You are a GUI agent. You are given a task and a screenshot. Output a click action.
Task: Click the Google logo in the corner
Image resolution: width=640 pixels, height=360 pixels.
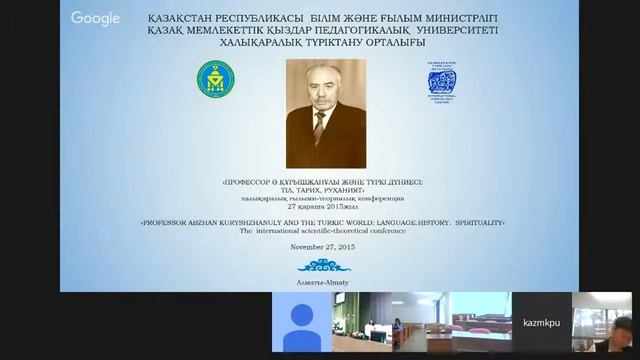pyautogui.click(x=96, y=18)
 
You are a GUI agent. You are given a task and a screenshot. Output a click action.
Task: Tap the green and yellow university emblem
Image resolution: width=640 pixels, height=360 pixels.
pyautogui.click(x=214, y=79)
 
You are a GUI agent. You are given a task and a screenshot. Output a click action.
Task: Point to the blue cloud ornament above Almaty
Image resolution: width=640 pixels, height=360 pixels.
pyautogui.click(x=320, y=266)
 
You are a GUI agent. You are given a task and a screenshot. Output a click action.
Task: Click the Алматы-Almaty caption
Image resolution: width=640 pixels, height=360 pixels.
pyautogui.click(x=319, y=283)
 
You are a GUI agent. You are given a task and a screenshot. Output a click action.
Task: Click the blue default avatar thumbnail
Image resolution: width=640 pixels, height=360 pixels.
pyautogui.click(x=301, y=323)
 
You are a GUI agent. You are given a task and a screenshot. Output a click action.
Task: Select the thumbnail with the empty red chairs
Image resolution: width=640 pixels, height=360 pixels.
pyautogui.click(x=480, y=323)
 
